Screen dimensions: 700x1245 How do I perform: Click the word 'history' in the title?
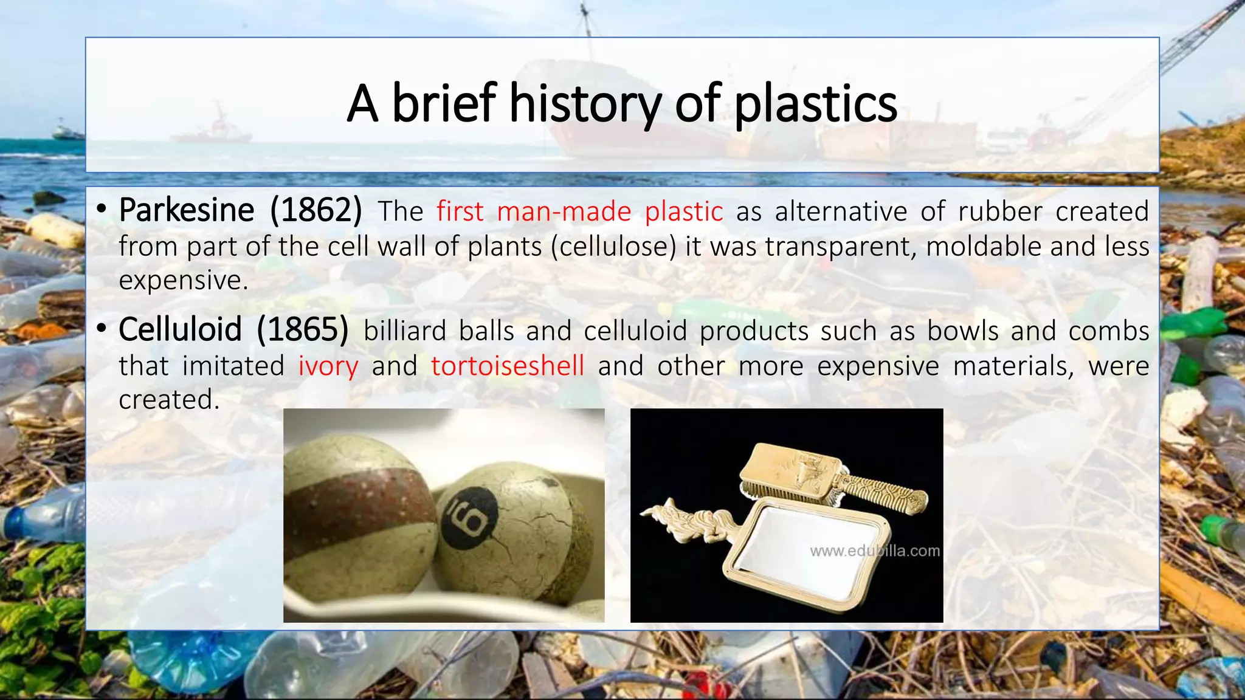(x=585, y=103)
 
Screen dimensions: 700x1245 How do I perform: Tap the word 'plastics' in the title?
(x=815, y=103)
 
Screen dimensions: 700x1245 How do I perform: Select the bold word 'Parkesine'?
(x=187, y=210)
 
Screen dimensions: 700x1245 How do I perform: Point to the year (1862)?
(x=316, y=210)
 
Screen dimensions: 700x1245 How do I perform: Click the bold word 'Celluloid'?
(x=180, y=329)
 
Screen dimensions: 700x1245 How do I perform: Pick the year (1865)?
(x=302, y=329)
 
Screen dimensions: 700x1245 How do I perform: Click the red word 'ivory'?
(x=328, y=366)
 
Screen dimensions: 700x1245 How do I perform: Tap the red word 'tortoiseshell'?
(x=508, y=366)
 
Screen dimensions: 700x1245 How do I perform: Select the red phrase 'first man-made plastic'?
(x=579, y=211)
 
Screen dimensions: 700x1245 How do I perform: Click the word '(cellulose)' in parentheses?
(x=613, y=247)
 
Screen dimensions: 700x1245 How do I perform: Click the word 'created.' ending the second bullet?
(x=169, y=400)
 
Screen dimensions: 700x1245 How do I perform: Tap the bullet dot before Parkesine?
(x=102, y=210)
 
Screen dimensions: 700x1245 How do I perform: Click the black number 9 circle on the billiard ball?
(x=469, y=516)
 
